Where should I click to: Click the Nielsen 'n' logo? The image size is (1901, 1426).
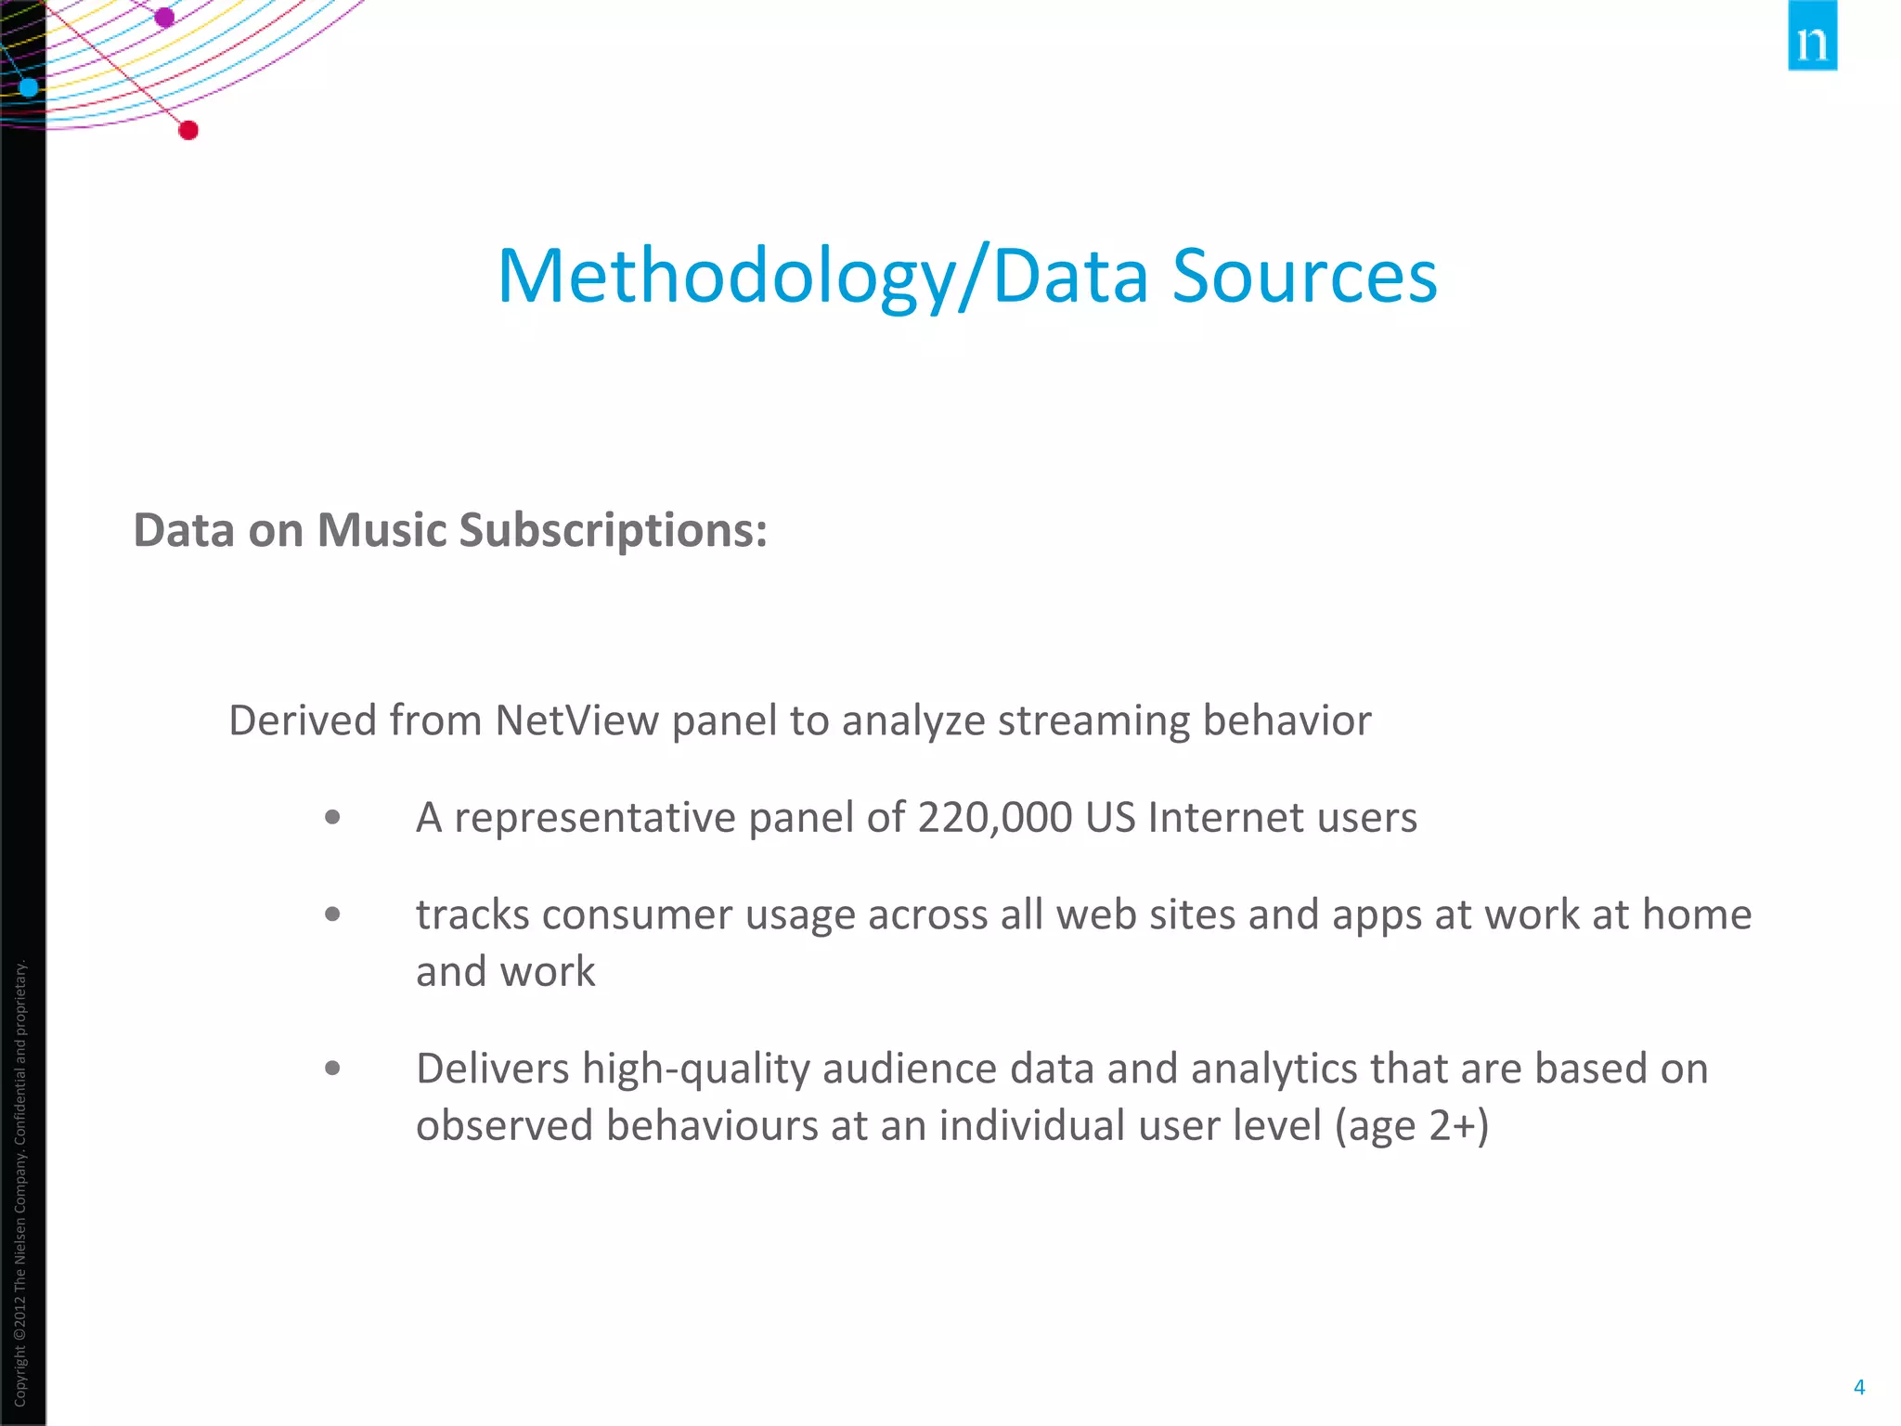(1812, 37)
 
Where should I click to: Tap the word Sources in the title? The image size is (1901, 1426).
(1304, 276)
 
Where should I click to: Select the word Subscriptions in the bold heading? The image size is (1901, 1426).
(613, 530)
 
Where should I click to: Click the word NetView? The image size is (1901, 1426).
(576, 720)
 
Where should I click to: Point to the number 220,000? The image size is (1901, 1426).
(995, 818)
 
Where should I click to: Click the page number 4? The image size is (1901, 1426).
(1858, 1387)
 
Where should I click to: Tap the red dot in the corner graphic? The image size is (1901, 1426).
(188, 130)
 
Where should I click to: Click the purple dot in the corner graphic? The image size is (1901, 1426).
(164, 17)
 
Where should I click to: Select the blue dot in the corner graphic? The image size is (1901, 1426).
(29, 87)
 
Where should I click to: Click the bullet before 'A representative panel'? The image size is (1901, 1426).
(333, 818)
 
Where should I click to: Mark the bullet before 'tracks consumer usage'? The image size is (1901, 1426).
(333, 915)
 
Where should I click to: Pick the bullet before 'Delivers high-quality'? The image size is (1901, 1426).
(333, 1069)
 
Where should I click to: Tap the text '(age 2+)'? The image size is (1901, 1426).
(1411, 1125)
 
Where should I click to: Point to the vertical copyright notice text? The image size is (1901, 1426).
(20, 1184)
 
